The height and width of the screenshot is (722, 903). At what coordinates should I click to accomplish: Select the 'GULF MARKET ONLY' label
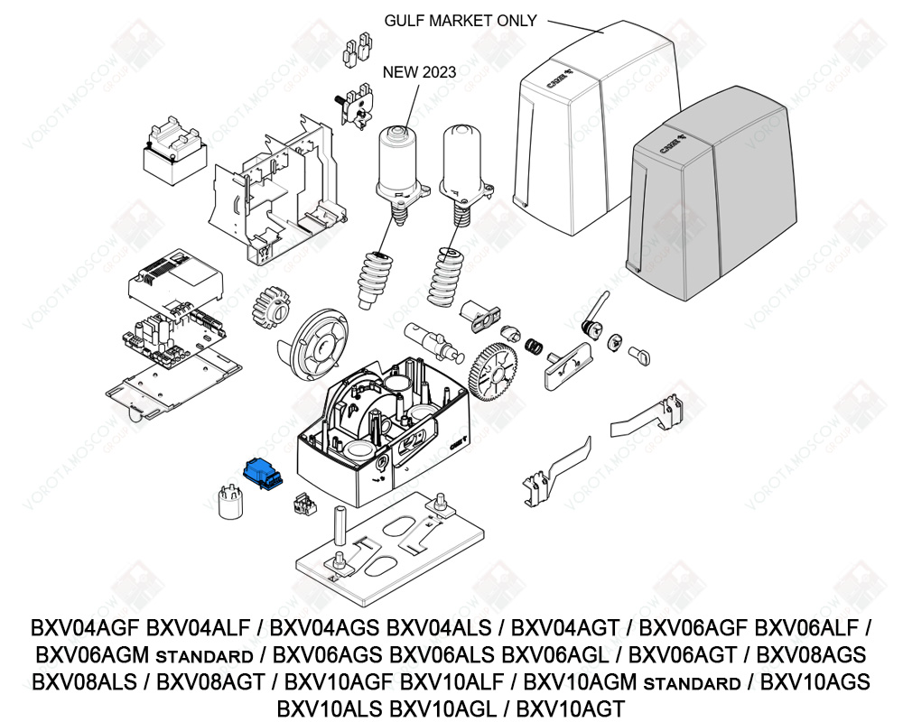coord(461,20)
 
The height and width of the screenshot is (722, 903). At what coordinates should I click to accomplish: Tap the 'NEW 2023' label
coord(420,72)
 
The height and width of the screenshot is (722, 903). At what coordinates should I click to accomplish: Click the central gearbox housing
coord(384,424)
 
